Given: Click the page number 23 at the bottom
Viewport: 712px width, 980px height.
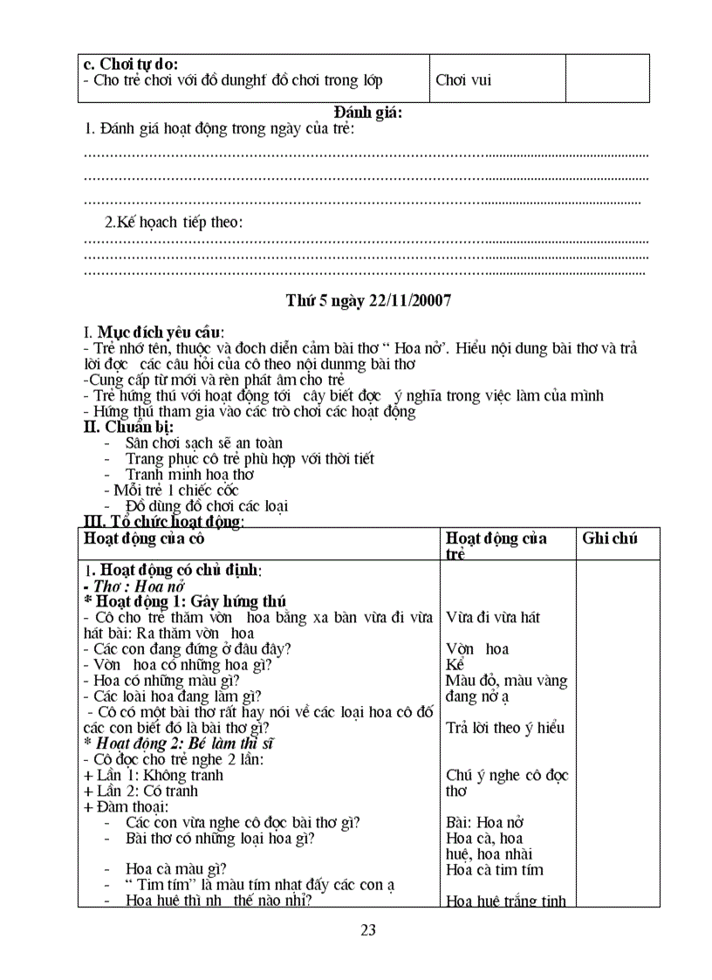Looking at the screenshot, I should pos(368,929).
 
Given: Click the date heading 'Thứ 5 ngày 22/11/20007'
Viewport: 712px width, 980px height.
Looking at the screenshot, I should pos(368,300).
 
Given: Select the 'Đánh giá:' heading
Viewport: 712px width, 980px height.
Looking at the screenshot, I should pos(368,112).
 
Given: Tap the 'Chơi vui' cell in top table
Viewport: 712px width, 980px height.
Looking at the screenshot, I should pos(463,80).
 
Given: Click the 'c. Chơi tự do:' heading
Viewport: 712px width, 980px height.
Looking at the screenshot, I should pos(130,64).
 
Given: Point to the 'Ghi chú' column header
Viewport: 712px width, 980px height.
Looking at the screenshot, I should pos(610,538).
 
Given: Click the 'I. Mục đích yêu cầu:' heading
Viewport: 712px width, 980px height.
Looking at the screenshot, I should pos(154,332).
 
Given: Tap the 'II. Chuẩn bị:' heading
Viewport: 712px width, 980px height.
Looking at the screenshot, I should pos(127,427).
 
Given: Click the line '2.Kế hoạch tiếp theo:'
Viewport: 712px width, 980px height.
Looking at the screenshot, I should pos(174,222).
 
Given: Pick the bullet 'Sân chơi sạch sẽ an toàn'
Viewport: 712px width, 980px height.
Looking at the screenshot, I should pos(204,443).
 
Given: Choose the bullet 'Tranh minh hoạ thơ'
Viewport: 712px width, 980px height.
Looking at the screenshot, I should pos(189,475).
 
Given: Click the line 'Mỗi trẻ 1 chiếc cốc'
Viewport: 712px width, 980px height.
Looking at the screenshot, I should pos(170,490).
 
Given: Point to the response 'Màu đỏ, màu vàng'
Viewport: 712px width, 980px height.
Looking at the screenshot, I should pos(506,680).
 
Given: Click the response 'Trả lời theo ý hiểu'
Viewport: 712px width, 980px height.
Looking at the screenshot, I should pos(505,728).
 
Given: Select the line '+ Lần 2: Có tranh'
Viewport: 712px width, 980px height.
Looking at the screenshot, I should pos(140,791).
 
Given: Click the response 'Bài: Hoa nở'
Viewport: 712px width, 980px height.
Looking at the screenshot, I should pos(484,822).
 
